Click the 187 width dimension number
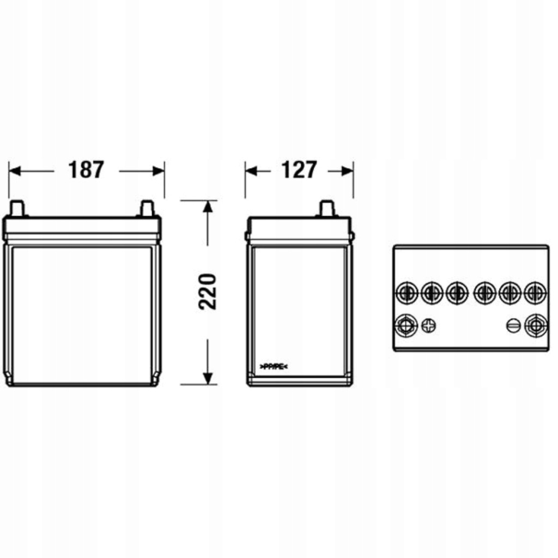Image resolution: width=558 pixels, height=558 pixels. click(x=86, y=170)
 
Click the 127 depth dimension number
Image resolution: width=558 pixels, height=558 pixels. click(x=298, y=170)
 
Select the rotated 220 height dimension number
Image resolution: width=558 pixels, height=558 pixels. click(x=208, y=292)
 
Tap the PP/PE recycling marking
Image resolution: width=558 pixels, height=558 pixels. click(x=272, y=366)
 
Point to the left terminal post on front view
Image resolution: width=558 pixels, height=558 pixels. click(x=17, y=208)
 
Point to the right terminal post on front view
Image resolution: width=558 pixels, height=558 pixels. click(x=147, y=208)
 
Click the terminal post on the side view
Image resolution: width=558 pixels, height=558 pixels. click(x=326, y=208)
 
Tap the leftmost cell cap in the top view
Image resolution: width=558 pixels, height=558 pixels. click(x=405, y=293)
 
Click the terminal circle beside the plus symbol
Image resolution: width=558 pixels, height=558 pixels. click(x=405, y=326)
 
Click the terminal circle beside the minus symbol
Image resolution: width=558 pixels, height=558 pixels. click(x=535, y=326)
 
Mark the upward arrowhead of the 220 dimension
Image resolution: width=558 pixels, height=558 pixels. click(x=208, y=207)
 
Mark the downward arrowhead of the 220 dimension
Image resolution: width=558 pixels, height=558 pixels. click(x=208, y=378)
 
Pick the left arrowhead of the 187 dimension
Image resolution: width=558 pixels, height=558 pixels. click(x=15, y=171)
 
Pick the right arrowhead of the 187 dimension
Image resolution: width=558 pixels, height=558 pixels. click(x=159, y=171)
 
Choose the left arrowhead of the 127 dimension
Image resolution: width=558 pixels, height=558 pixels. click(x=251, y=171)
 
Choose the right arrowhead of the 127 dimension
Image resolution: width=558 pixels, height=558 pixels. click(x=347, y=171)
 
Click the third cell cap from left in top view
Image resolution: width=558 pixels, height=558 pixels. click(x=457, y=293)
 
